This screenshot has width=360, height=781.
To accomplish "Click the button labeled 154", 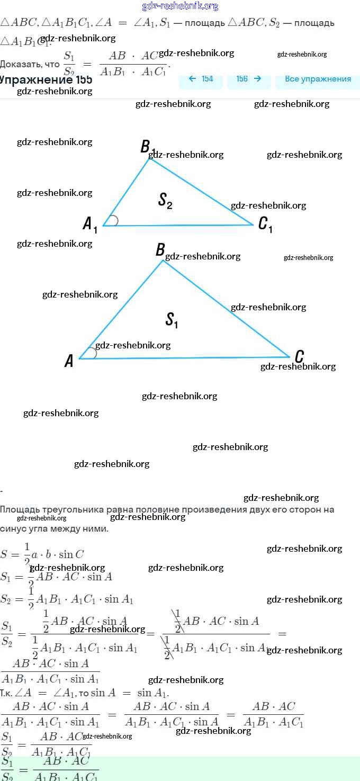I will click(x=201, y=79).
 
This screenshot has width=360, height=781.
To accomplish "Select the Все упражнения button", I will click(x=318, y=79).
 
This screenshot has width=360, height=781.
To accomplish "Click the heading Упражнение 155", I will click(x=47, y=80).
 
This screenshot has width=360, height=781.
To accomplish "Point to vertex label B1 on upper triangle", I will click(x=147, y=147).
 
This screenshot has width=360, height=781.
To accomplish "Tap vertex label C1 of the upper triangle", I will click(x=265, y=225).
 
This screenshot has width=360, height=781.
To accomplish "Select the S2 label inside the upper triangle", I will click(x=165, y=200).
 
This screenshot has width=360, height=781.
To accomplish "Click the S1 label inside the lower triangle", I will click(x=172, y=320).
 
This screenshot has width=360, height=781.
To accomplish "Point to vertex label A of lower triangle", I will click(x=69, y=361).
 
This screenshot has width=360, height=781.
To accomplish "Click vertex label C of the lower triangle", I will click(x=299, y=356).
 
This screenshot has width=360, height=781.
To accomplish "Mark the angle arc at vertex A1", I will click(x=114, y=221).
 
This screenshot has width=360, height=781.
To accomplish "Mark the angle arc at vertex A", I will click(x=93, y=353).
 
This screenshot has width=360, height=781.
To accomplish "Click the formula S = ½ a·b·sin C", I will click(x=42, y=554).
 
